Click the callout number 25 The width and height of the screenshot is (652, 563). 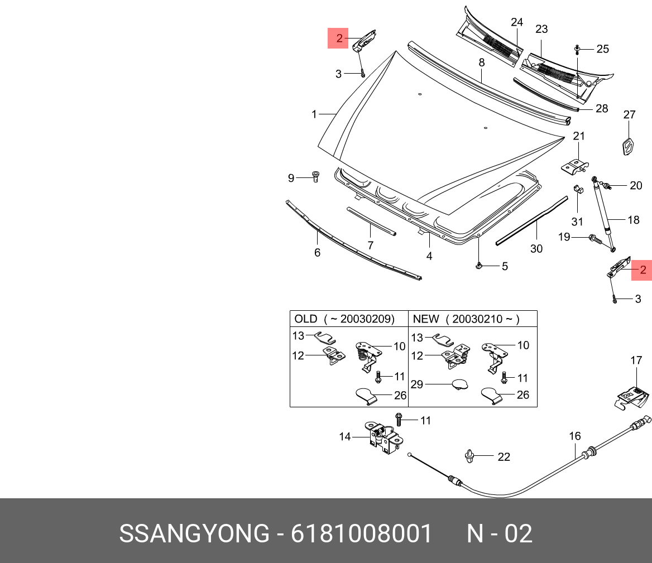[602, 49]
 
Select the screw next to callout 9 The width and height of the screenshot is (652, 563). [315, 176]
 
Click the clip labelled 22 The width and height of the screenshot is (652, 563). [469, 456]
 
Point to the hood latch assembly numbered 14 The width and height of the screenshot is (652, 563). [384, 439]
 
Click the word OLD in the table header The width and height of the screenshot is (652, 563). [306, 319]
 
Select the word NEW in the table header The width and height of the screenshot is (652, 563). [426, 319]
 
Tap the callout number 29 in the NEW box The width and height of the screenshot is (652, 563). [416, 384]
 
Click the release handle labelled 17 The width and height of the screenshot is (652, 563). [632, 397]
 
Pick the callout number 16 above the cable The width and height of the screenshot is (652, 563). [574, 436]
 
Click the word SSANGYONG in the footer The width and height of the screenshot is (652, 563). [194, 533]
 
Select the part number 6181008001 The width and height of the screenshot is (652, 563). [362, 533]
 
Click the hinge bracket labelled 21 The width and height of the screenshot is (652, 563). [575, 166]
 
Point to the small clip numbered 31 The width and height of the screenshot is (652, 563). [578, 190]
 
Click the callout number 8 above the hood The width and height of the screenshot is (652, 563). [482, 62]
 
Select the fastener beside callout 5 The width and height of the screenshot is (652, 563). [478, 265]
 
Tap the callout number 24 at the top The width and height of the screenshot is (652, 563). [517, 22]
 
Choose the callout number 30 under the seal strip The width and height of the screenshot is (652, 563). [536, 248]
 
